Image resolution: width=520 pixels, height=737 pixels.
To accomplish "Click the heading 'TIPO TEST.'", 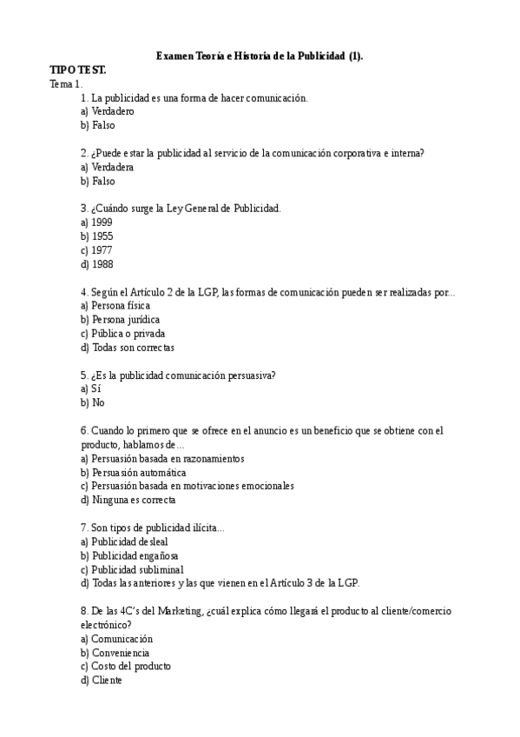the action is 78,70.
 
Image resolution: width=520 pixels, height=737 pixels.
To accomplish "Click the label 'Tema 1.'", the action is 66,83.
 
